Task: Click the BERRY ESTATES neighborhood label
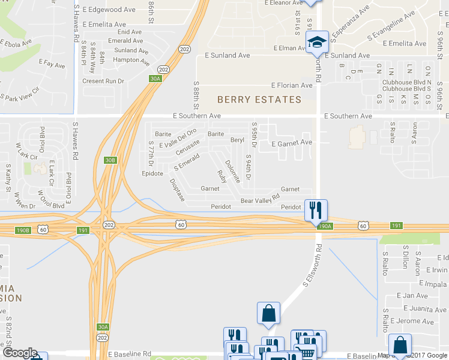pyautogui.click(x=259, y=100)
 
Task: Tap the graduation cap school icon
pyautogui.click(x=316, y=43)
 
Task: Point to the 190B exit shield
pyautogui.click(x=23, y=230)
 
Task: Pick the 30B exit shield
pyautogui.click(x=109, y=160)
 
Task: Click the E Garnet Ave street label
pyautogui.click(x=292, y=143)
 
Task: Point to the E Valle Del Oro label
pyautogui.click(x=178, y=135)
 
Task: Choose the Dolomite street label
pyautogui.click(x=232, y=172)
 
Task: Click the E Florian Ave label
pyautogui.click(x=292, y=86)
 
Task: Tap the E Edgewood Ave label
pyautogui.click(x=109, y=10)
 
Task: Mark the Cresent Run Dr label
pyautogui.click(x=103, y=81)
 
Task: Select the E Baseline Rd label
pyautogui.click(x=130, y=354)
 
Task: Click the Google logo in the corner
pyautogui.click(x=19, y=353)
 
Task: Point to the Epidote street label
pyautogui.click(x=152, y=174)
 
